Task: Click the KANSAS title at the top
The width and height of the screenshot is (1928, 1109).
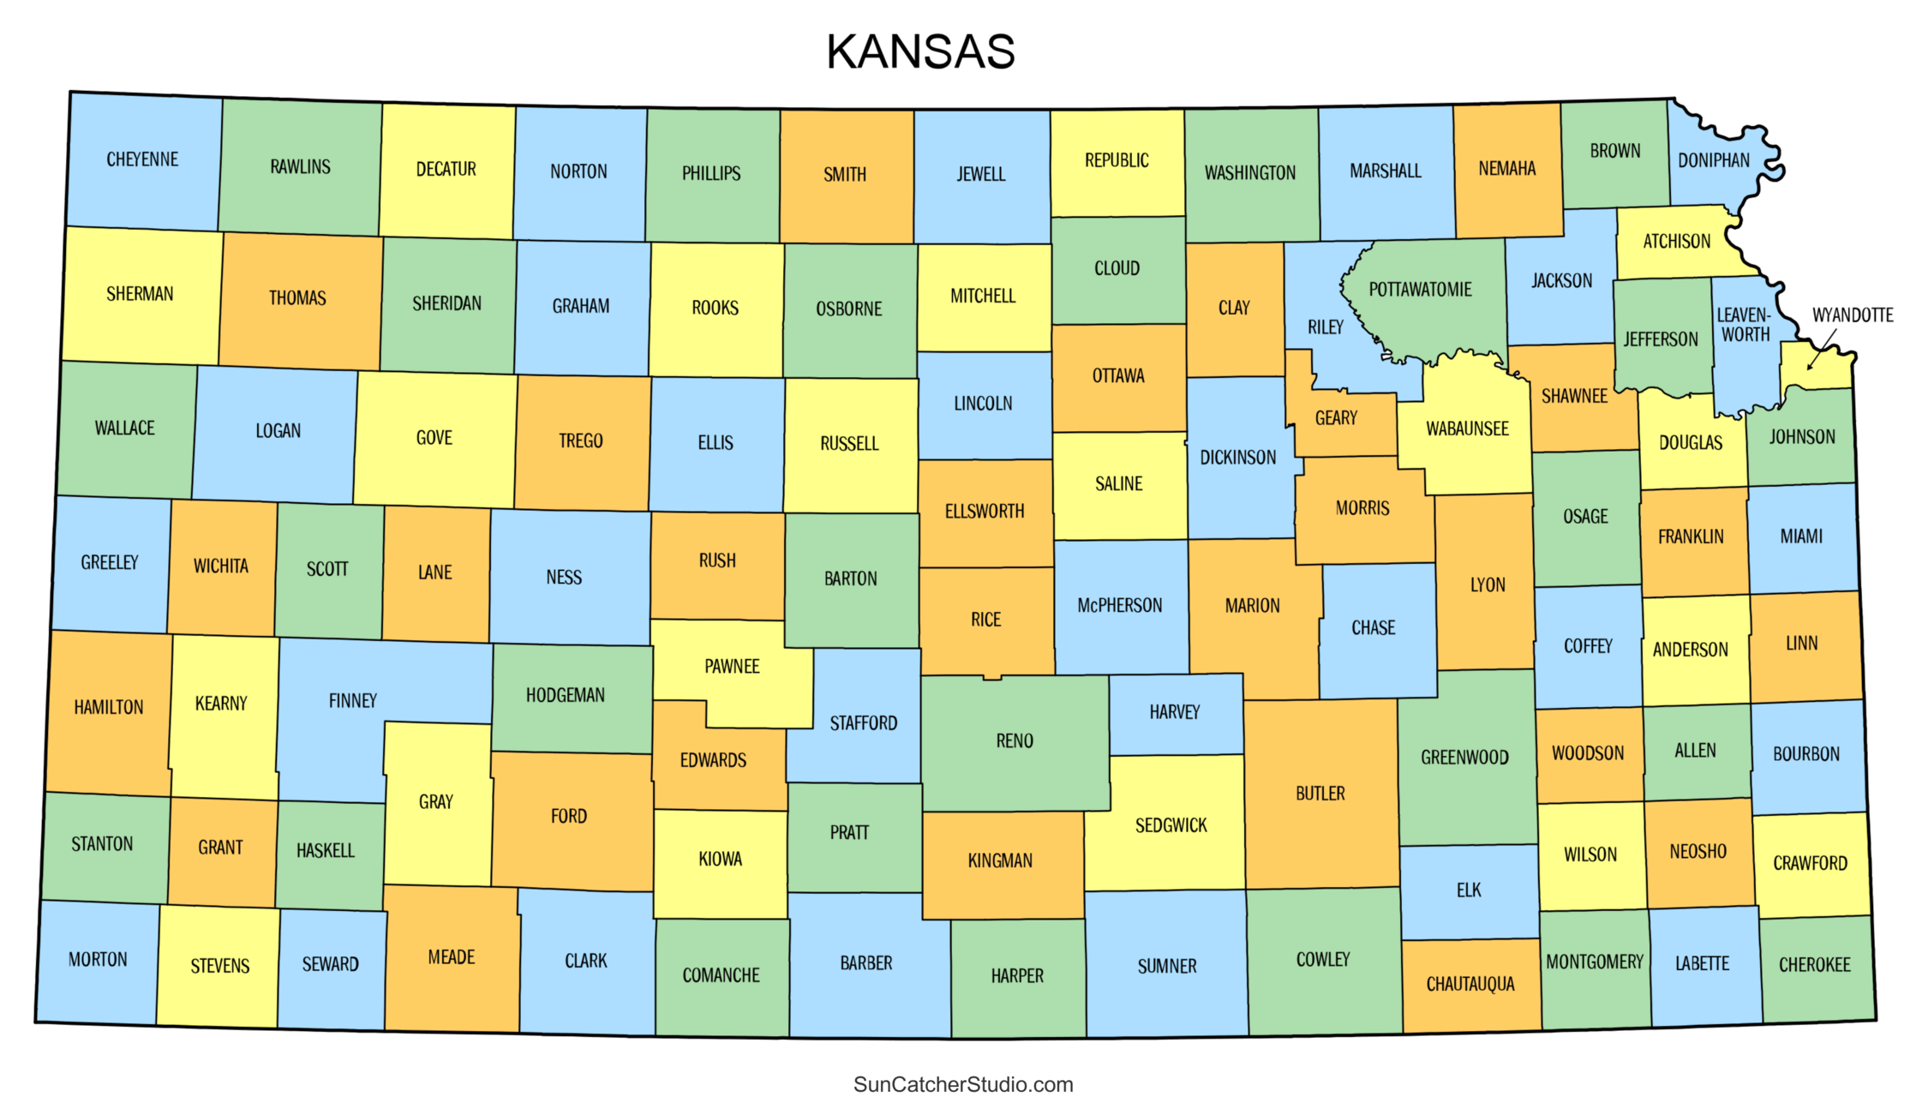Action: pyautogui.click(x=920, y=51)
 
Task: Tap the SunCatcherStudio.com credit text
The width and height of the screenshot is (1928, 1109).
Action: pyautogui.click(x=963, y=1084)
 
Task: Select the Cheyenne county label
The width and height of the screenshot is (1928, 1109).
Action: pyautogui.click(x=142, y=159)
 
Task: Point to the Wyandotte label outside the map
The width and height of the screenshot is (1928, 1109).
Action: pyautogui.click(x=1852, y=315)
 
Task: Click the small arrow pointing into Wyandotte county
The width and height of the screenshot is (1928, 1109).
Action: pyautogui.click(x=1819, y=352)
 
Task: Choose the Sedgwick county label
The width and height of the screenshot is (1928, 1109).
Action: pyautogui.click(x=1171, y=825)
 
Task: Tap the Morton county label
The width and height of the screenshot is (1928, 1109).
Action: pyautogui.click(x=98, y=959)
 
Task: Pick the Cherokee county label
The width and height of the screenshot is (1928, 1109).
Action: pyautogui.click(x=1814, y=964)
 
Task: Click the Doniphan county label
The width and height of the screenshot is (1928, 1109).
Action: pyautogui.click(x=1714, y=160)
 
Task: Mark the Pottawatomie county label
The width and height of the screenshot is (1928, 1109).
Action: pyautogui.click(x=1420, y=290)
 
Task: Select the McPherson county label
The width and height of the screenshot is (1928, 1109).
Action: pyautogui.click(x=1119, y=605)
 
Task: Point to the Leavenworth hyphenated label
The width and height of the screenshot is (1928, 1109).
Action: pyautogui.click(x=1743, y=325)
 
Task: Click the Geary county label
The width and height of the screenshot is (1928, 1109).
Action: pyautogui.click(x=1336, y=417)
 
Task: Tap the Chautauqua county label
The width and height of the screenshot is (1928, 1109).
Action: pyautogui.click(x=1470, y=984)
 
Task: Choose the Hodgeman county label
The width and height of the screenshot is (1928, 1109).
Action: pyautogui.click(x=565, y=695)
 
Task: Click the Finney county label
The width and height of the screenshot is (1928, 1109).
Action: pyautogui.click(x=352, y=701)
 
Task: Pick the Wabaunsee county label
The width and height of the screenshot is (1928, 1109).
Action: pyautogui.click(x=1467, y=429)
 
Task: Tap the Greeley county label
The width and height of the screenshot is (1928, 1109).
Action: pyautogui.click(x=109, y=562)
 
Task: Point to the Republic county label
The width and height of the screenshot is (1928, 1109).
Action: pyautogui.click(x=1117, y=160)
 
